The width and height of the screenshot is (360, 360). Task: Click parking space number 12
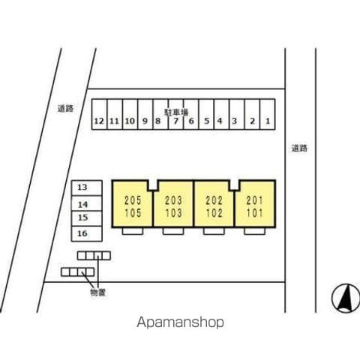[99, 114]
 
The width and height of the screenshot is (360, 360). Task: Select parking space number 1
[268, 114]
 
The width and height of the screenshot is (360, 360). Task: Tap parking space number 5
[206, 114]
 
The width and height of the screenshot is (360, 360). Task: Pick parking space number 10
[130, 114]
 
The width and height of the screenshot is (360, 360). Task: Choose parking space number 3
[237, 114]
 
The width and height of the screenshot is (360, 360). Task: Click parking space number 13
[87, 187]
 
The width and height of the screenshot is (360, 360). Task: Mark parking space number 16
[87, 234]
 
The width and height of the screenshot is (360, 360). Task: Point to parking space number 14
[87, 203]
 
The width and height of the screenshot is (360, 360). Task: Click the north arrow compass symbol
[346, 298]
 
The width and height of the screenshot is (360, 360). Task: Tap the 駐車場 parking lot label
[176, 112]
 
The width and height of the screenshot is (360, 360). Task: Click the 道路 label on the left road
[65, 109]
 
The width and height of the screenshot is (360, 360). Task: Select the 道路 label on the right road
[299, 148]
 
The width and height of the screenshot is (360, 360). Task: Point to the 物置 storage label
[98, 292]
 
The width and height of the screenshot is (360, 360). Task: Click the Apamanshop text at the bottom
[180, 322]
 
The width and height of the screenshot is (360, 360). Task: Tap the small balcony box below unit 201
[255, 231]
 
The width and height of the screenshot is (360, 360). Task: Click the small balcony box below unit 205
[133, 231]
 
